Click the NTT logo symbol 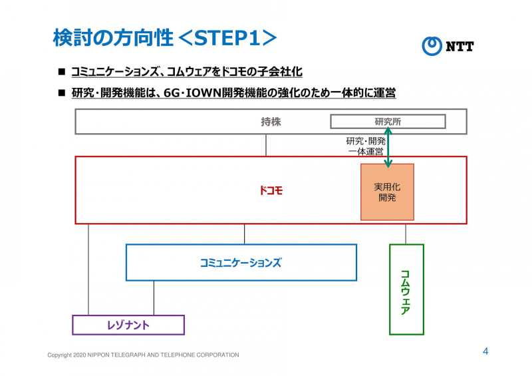tap(432, 46)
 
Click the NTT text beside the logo tap(460, 46)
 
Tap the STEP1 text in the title tap(227, 38)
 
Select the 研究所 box tap(388, 122)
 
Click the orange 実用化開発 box tap(387, 192)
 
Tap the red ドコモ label tap(271, 190)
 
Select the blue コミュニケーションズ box tap(241, 262)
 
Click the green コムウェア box tap(406, 289)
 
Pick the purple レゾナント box tap(128, 325)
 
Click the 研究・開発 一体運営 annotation tap(365, 146)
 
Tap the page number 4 tap(485, 351)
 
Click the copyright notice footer tap(143, 355)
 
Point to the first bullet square tap(61, 71)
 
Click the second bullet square tap(61, 93)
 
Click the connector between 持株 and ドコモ tap(266, 145)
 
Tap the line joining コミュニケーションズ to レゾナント tap(154, 297)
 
